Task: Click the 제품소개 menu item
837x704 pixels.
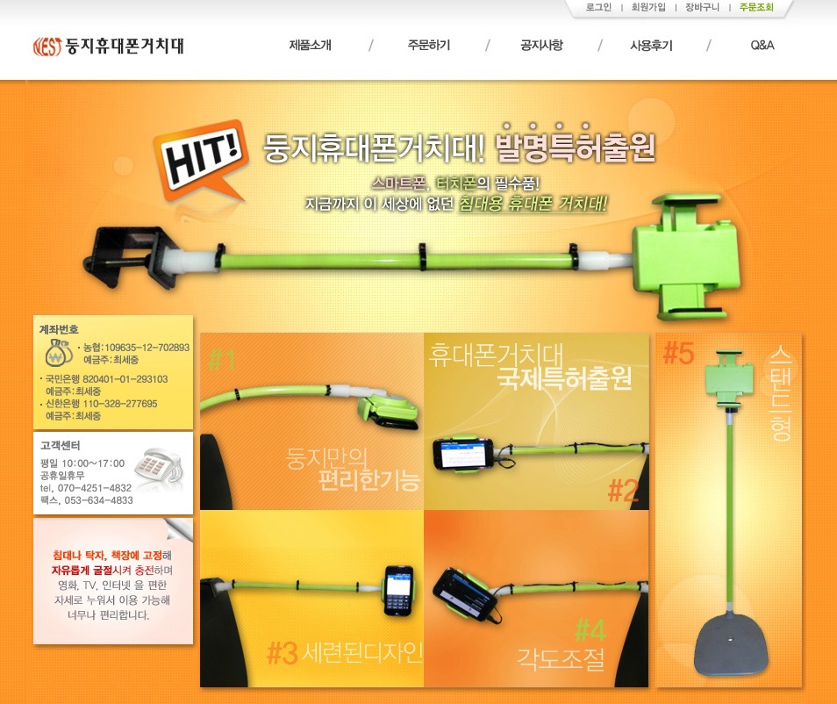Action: (x=310, y=46)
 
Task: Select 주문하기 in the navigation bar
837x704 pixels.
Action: (x=429, y=46)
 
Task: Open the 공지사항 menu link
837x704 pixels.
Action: (x=541, y=46)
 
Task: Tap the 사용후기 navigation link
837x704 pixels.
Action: (x=651, y=46)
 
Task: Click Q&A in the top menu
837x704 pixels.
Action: (x=762, y=46)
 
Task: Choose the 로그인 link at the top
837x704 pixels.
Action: (x=598, y=8)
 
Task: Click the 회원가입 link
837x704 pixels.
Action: (x=648, y=8)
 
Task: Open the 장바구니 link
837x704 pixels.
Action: (x=703, y=8)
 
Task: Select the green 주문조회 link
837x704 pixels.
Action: (x=756, y=8)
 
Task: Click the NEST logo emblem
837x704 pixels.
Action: (x=47, y=47)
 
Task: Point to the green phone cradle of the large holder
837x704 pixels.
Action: (x=687, y=255)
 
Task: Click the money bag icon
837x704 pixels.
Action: (x=58, y=352)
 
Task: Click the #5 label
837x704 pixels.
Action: (x=678, y=353)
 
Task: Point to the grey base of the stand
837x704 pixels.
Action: (x=732, y=643)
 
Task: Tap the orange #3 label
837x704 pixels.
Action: (x=282, y=653)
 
